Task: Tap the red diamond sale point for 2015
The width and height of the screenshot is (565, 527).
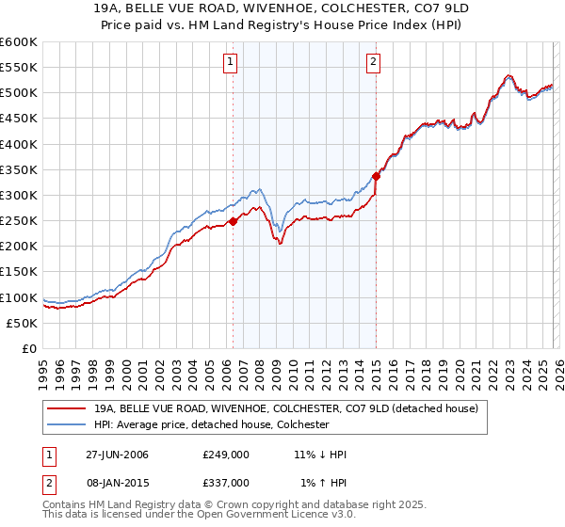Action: point(376,176)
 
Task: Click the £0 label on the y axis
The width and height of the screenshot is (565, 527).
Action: point(30,348)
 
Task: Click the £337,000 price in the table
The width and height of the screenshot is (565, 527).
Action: point(226,482)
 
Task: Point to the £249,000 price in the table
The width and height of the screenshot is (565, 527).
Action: point(226,455)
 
